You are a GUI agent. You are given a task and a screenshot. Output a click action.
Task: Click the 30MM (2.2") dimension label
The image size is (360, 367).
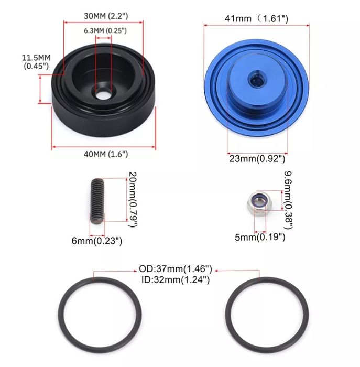(106, 16)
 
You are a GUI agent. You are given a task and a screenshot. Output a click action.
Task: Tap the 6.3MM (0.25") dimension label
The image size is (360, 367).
(105, 30)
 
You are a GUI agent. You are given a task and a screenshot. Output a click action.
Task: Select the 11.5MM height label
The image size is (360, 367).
(36, 62)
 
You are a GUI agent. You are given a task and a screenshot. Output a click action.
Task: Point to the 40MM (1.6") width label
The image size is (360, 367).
(106, 154)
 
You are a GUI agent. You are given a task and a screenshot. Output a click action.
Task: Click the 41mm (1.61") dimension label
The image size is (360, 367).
(256, 18)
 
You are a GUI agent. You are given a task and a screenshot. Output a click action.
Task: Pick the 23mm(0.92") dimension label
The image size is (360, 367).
(257, 158)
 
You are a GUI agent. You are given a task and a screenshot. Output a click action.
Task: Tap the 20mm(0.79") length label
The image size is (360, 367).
(133, 199)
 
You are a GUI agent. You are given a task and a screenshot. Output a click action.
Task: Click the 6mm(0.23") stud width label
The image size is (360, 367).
(97, 241)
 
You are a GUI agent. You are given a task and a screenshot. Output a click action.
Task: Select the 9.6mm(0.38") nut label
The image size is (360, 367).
(288, 200)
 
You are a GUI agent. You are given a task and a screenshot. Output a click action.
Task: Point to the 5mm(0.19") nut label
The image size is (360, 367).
(260, 237)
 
